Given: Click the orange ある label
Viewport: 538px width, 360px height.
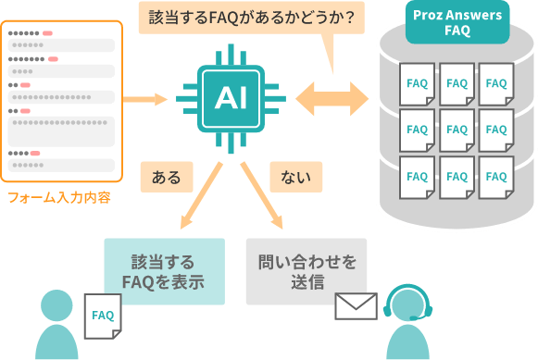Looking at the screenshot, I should [x=166, y=177].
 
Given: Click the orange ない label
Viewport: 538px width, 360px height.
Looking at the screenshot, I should [x=295, y=177].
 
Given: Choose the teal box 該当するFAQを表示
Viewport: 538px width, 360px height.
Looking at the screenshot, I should [x=164, y=271].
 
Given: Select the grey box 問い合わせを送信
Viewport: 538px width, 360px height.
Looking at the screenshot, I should [x=306, y=271].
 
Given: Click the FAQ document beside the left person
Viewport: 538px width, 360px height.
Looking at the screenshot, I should [x=103, y=317].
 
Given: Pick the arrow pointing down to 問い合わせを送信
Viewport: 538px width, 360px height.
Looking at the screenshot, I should [x=262, y=197].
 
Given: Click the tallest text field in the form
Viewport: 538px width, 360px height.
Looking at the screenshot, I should [x=62, y=130].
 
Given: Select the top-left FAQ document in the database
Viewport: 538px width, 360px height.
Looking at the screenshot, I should [x=417, y=84].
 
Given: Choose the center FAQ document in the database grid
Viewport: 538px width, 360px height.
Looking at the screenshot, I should [x=457, y=130].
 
